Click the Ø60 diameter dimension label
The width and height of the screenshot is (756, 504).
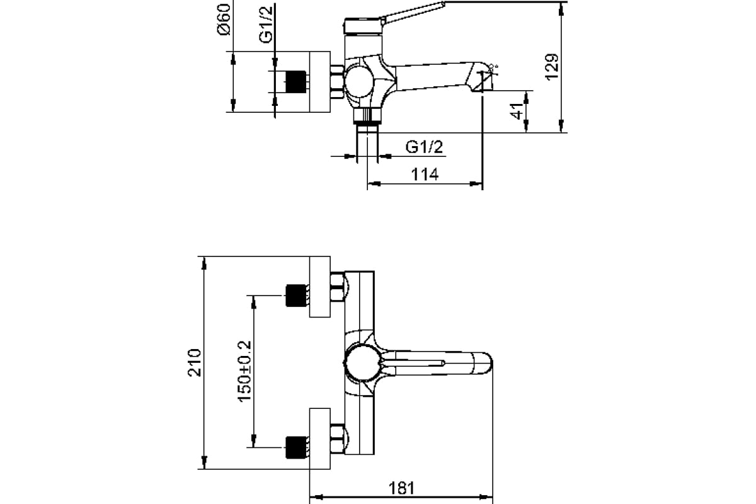coord(224,20)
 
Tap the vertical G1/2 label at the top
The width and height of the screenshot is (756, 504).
coord(266,25)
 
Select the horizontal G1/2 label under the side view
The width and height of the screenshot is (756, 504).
coord(424,147)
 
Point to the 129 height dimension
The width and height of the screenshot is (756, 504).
coord(552,67)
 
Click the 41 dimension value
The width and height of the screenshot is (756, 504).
coord(517,111)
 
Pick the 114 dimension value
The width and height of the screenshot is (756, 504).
coord(425,175)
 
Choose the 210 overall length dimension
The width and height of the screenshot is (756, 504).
coord(194,362)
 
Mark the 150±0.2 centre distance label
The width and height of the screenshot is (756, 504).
coord(244,371)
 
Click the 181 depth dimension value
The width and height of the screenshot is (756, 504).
coord(401,488)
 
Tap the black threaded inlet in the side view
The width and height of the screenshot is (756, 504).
coord(296,82)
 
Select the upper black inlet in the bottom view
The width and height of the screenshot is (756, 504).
coord(296,295)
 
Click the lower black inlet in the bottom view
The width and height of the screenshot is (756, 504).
coord(296,448)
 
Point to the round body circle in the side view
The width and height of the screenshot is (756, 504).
coord(359,82)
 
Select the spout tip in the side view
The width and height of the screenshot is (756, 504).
coord(481,77)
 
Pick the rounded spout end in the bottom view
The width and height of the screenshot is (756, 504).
coord(482,364)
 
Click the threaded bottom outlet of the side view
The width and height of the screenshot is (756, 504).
coord(367,117)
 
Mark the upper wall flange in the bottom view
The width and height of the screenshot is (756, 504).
coord(319,287)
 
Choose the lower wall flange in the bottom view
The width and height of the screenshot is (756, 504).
coord(319,439)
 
